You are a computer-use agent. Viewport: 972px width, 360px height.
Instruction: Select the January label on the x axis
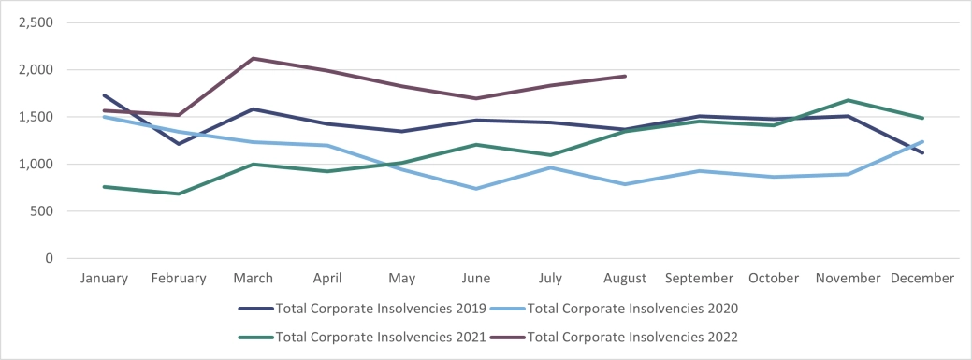[104, 279]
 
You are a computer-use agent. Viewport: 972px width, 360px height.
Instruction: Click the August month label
[625, 279]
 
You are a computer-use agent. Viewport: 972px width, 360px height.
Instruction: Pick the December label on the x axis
[922, 279]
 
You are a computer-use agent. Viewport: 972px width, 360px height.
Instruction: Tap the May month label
[401, 279]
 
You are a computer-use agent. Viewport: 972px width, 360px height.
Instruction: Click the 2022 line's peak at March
[253, 58]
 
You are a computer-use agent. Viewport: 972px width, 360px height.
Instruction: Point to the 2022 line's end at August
[625, 76]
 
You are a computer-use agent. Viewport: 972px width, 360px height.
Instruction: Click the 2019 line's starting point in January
[104, 94]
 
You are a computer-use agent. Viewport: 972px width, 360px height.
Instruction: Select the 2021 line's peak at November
[849, 100]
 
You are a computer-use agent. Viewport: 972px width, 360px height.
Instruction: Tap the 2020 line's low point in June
[476, 189]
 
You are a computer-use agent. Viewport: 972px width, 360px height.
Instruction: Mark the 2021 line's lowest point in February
[178, 194]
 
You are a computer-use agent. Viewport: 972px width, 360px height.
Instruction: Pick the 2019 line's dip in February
[178, 144]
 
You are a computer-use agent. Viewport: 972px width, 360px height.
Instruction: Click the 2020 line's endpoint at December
[922, 141]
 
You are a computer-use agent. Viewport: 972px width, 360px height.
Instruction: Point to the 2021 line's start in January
[104, 187]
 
